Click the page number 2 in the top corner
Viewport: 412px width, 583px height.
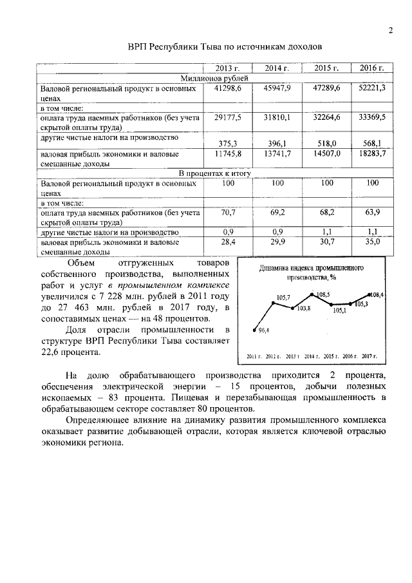(x=390, y=30)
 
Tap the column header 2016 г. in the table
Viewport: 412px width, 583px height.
(x=371, y=68)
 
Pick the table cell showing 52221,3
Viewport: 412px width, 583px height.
(x=371, y=88)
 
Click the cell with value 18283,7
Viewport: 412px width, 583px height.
(x=371, y=155)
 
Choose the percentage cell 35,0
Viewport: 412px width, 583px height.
(x=371, y=242)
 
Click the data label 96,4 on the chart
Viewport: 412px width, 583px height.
(x=263, y=330)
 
